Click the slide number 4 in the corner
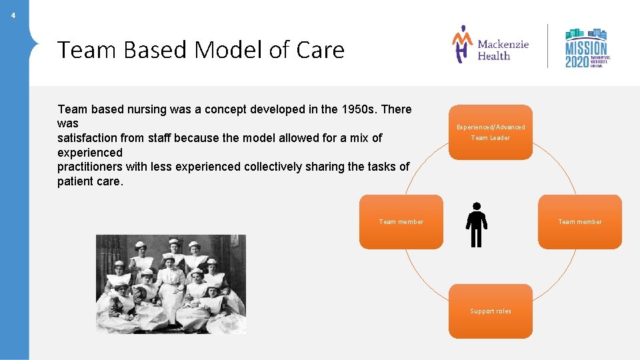click(x=13, y=15)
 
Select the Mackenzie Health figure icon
click(x=462, y=44)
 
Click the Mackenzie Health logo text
click(x=503, y=50)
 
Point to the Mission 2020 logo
click(x=587, y=47)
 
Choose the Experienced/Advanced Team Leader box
click(x=491, y=132)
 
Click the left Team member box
click(x=401, y=222)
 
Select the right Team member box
click(x=580, y=222)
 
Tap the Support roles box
click(x=491, y=311)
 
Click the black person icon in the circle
click(x=476, y=225)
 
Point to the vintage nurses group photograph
click(x=171, y=284)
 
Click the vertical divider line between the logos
click(x=548, y=46)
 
